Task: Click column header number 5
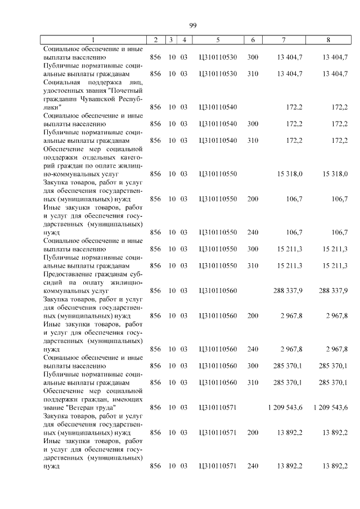tap(217, 40)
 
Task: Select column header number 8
tap(328, 40)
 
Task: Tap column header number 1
tap(93, 40)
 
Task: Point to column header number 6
tap(253, 40)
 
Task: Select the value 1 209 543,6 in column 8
tap(331, 407)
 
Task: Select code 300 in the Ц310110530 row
tap(253, 57)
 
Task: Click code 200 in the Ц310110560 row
tap(253, 316)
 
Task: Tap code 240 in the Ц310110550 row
tap(253, 232)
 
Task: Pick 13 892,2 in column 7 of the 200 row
tap(290, 433)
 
